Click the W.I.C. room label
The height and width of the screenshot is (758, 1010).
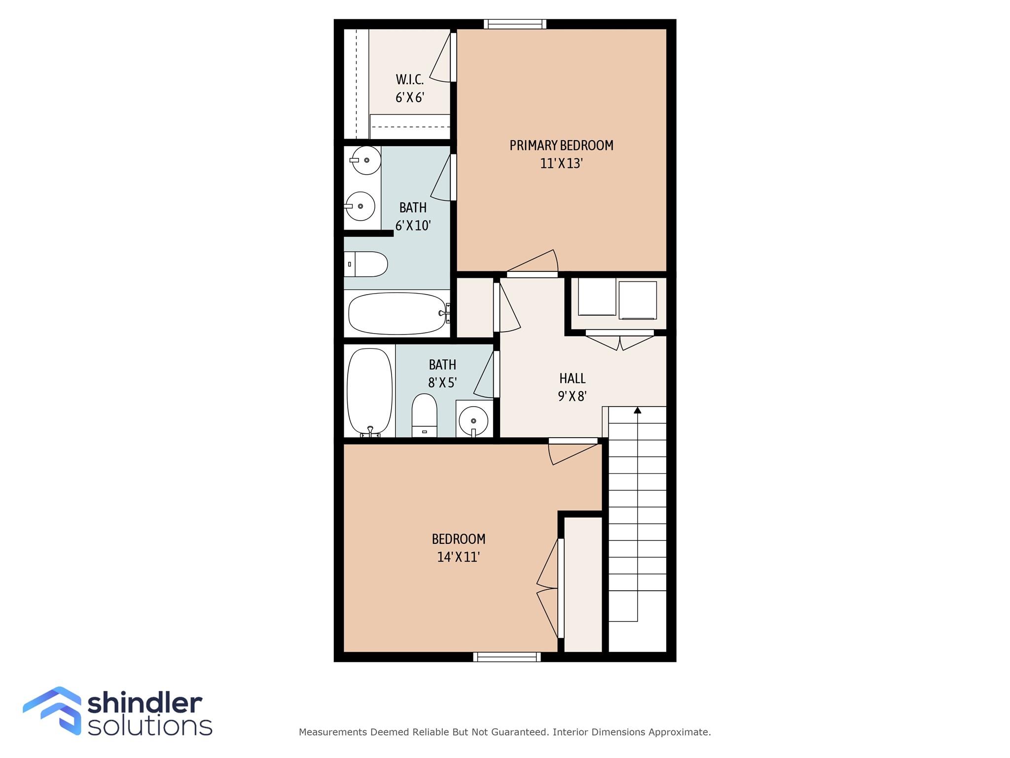[410, 79]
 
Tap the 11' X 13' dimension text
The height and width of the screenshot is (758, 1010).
[561, 163]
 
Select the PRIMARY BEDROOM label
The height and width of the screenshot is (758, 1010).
[561, 146]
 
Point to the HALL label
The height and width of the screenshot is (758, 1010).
[572, 379]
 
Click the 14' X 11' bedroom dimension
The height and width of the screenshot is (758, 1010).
[458, 557]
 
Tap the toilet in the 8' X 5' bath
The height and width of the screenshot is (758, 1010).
[424, 416]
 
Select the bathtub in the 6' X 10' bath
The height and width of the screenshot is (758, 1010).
[397, 314]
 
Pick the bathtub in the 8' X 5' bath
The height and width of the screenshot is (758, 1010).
[370, 391]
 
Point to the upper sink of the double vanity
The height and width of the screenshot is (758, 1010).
[365, 160]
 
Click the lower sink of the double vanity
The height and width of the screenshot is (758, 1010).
[361, 206]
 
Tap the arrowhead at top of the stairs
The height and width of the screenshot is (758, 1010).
[637, 410]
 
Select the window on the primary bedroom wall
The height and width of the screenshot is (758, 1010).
[515, 24]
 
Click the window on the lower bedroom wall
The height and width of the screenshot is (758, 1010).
[506, 657]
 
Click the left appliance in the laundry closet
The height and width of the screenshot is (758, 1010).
[597, 298]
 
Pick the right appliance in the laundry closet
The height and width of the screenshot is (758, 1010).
[637, 300]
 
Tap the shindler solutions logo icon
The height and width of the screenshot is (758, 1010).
[52, 711]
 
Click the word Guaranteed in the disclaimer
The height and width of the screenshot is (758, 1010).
[520, 732]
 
